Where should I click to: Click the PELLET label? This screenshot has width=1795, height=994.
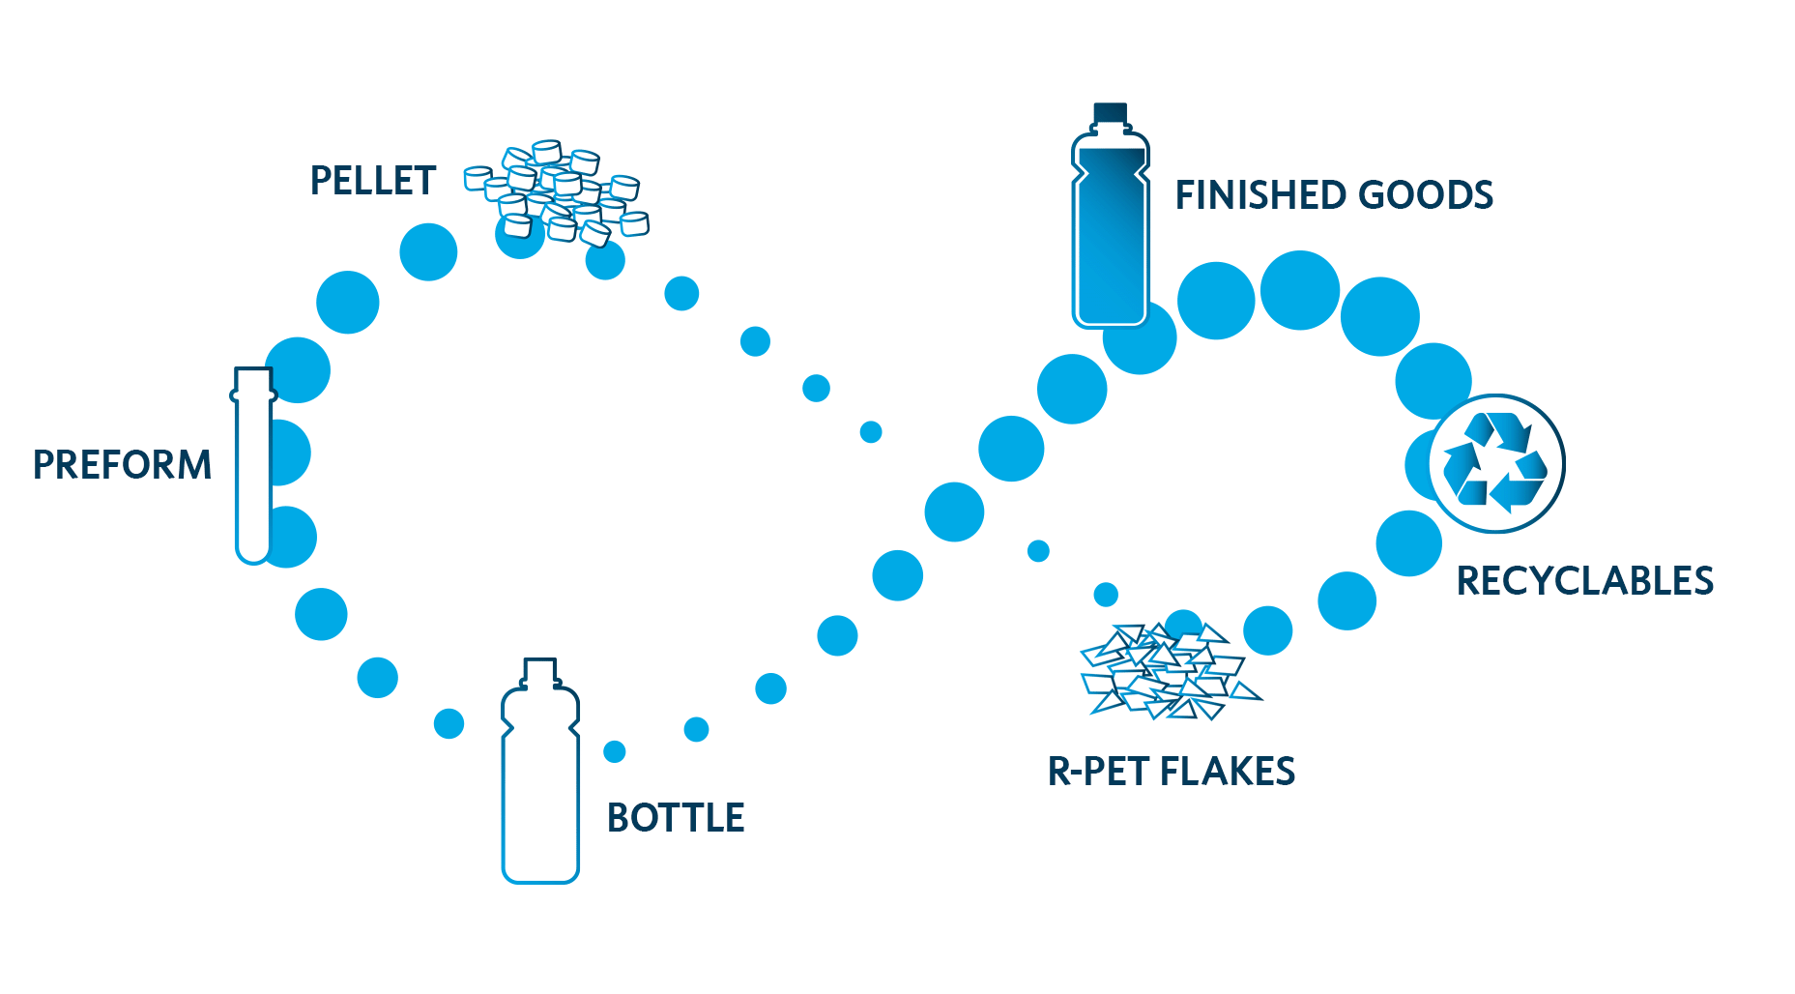pos(373,182)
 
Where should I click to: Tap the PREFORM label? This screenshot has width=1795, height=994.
pos(122,465)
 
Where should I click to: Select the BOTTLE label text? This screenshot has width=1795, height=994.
pos(676,818)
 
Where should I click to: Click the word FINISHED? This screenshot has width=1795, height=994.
pos(1259,195)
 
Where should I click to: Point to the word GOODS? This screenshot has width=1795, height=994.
pos(1426,195)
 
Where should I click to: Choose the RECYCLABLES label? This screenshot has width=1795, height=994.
pos(1584,581)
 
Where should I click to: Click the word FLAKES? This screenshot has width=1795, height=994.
pos(1227,772)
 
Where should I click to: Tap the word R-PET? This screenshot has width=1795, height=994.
pos(1099,772)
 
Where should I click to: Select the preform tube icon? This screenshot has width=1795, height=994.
pos(253,464)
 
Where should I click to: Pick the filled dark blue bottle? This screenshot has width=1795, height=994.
pos(1110,232)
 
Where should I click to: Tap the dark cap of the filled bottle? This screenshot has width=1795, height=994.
pos(1110,113)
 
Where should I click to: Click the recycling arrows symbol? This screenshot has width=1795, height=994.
pos(1495,463)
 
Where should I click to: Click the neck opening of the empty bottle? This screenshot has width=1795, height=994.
pos(540,664)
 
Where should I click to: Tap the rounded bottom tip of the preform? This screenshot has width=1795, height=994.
pos(253,554)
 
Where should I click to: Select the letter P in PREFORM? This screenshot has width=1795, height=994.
pos(43,465)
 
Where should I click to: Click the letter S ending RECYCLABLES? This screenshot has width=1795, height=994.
pos(1703,581)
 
